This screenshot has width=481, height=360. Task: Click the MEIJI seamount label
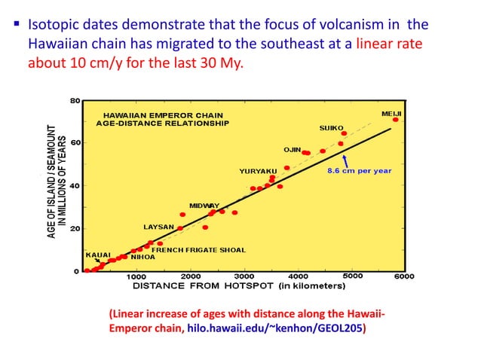pyautogui.click(x=391, y=112)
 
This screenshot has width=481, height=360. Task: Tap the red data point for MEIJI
pyautogui.click(x=395, y=120)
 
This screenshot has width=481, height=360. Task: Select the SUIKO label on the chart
pyautogui.click(x=332, y=127)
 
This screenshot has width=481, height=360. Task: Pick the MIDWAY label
pyautogui.click(x=204, y=206)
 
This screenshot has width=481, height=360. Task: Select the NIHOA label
pyautogui.click(x=142, y=257)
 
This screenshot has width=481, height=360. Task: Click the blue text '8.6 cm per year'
pyautogui.click(x=359, y=171)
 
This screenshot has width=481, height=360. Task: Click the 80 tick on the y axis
pyautogui.click(x=75, y=99)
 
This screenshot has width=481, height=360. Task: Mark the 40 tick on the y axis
pyautogui.click(x=75, y=185)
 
